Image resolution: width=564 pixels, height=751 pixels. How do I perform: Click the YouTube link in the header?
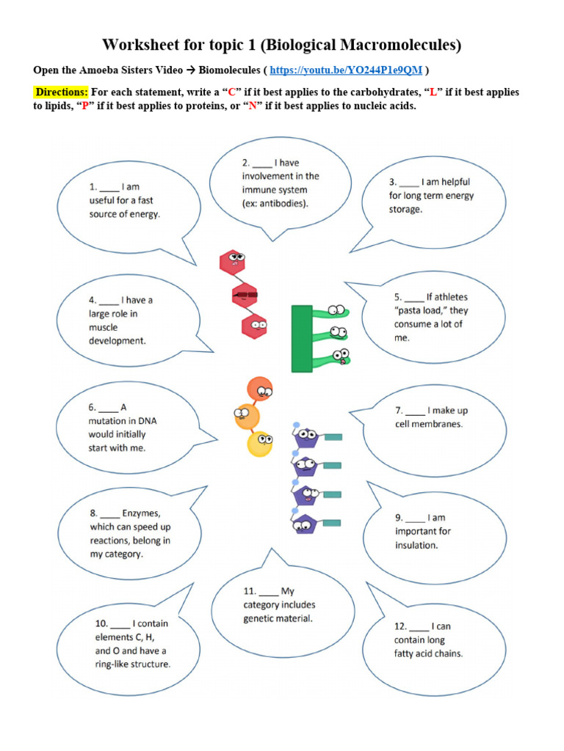(x=345, y=70)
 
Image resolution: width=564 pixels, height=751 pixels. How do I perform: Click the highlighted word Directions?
(x=61, y=92)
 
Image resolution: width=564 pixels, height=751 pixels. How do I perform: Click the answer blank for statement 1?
(x=109, y=188)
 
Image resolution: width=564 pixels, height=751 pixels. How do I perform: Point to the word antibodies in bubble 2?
(x=283, y=203)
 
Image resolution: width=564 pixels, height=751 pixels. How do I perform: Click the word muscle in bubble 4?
(x=104, y=328)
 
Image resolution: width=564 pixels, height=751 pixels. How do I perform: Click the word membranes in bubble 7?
(x=437, y=425)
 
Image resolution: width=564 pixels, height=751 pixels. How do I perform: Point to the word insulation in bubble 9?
(x=416, y=546)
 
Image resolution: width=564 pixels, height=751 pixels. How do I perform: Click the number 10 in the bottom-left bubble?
(x=101, y=624)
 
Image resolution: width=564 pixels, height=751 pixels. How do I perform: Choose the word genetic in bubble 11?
(x=259, y=619)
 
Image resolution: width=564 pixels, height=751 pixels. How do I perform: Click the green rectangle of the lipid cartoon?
(x=302, y=339)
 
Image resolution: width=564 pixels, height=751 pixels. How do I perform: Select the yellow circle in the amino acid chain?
(x=259, y=443)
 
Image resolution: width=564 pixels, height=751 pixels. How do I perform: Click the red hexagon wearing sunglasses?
(x=245, y=296)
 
